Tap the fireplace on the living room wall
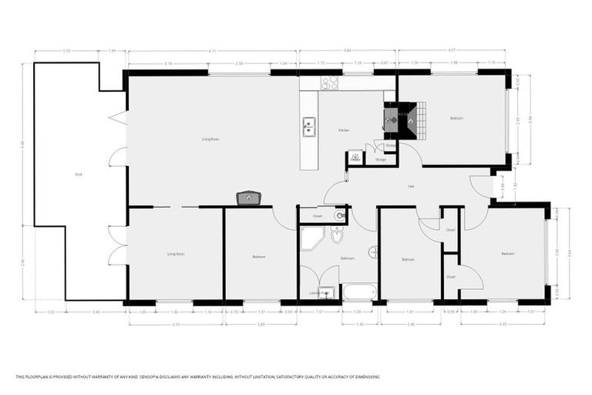coord(248,198)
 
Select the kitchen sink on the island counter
coord(309,127)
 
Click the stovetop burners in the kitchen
coord(330,82)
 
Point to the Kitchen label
coord(344,130)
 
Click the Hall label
coord(412,187)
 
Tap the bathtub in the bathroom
coord(360,292)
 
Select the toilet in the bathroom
coord(337,234)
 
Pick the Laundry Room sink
coord(325,292)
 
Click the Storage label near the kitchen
coord(381,160)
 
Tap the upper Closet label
coord(450,229)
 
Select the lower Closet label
coord(450,276)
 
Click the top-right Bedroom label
coord(456,118)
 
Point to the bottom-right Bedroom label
coord(507,254)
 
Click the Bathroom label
coord(347,258)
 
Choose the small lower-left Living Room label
coord(176,254)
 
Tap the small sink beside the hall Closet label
coord(339,215)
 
